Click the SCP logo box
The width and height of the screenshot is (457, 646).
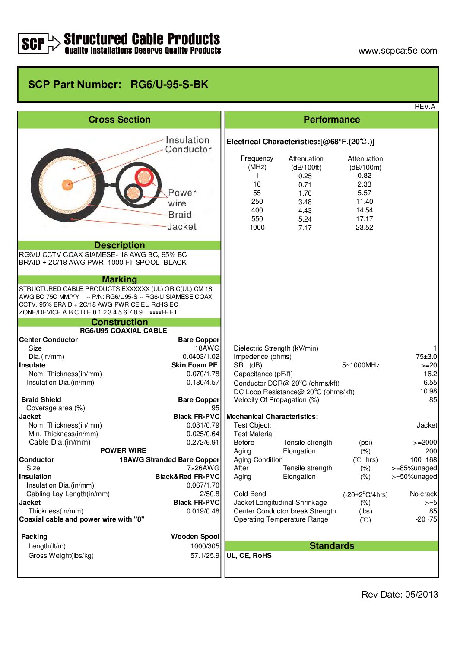coord(33,43)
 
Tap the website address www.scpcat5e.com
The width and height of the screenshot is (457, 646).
coord(397,51)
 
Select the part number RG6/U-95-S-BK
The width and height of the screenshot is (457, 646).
coord(169,85)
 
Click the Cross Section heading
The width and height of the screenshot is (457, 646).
coord(119,120)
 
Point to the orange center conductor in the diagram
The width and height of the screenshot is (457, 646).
coord(67,185)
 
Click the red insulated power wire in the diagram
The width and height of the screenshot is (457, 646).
coord(144,177)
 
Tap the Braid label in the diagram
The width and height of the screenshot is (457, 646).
coord(180,215)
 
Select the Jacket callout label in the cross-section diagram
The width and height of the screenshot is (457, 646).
coord(182,227)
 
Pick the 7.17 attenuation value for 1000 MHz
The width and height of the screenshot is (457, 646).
coord(305,228)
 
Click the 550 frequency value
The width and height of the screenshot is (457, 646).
coord(257,219)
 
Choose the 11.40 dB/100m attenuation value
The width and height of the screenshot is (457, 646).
coord(364,202)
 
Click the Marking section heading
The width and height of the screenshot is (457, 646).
coord(119,279)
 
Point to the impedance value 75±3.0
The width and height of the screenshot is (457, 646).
coord(426,357)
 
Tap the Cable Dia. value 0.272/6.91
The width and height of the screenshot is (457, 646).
coord(203,442)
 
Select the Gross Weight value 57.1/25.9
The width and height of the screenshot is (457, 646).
coord(205,556)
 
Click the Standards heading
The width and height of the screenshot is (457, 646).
coord(332,546)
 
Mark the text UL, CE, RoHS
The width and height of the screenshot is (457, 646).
coord(249,556)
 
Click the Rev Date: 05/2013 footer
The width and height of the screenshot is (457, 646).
coord(400,595)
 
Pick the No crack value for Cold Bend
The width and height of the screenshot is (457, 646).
coord(423,494)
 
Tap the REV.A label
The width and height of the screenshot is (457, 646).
coord(425,107)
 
